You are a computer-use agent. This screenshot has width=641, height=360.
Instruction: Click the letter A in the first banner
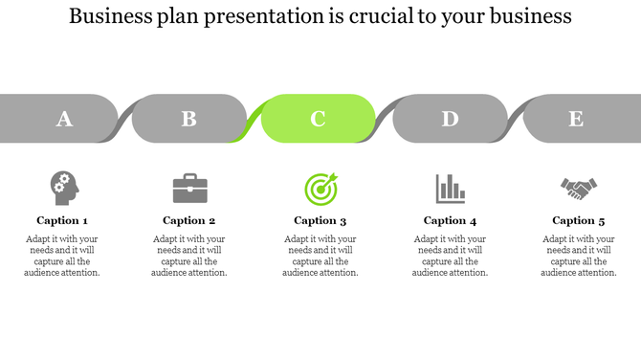coord(64,119)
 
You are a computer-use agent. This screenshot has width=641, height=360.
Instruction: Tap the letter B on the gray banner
coord(188,119)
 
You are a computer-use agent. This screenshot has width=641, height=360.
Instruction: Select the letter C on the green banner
coord(318,119)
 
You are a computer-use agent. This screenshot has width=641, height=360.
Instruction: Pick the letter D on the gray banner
coord(449,119)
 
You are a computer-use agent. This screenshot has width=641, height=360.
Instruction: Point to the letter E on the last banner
coord(575,119)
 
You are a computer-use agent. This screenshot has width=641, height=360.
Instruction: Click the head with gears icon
coord(63,188)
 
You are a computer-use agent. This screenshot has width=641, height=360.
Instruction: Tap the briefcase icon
coord(189,188)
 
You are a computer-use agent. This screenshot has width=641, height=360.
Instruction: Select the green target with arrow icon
coord(320,188)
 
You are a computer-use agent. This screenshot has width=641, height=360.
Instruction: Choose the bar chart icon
coord(450,188)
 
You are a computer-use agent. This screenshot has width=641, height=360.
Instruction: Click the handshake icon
coord(578,189)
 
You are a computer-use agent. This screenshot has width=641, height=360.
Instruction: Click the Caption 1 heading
coord(62,220)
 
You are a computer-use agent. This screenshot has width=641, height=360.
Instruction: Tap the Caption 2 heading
coord(189,220)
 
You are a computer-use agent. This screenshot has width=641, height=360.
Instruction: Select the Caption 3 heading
coord(320,220)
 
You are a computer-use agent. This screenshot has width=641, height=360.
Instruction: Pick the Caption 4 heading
coord(450,220)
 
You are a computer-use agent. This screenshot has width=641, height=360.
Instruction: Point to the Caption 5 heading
coord(578,220)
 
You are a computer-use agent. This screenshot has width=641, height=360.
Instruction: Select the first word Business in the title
coord(109,16)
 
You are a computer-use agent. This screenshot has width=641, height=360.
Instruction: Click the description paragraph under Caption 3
coord(320,256)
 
